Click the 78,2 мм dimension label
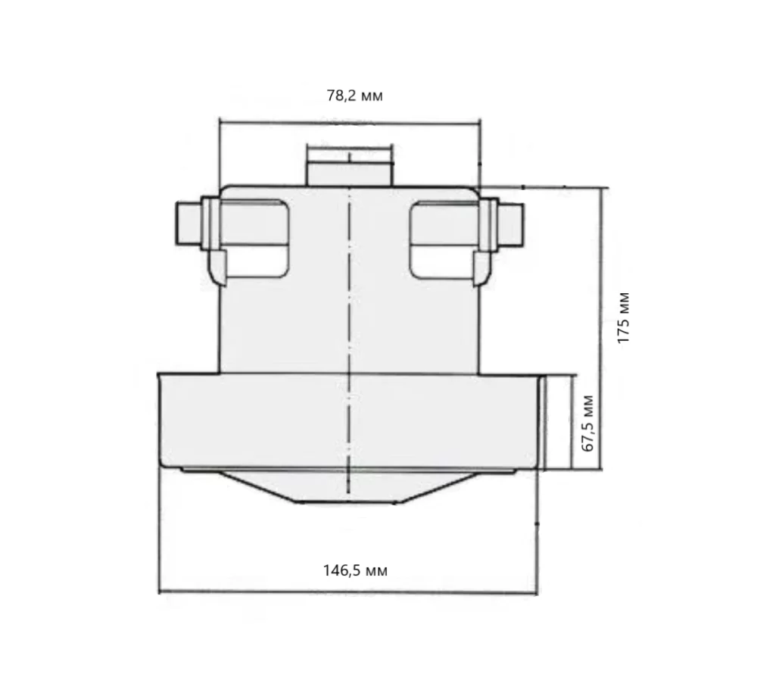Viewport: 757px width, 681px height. (355, 95)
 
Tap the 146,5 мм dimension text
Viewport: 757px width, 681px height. (355, 570)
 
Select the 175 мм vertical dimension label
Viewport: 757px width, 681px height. (624, 318)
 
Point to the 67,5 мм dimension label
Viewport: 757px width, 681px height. (588, 423)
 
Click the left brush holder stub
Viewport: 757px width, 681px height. (188, 224)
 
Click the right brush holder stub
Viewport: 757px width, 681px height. (511, 224)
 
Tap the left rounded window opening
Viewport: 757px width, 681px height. (255, 239)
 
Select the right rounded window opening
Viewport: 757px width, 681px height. (444, 239)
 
